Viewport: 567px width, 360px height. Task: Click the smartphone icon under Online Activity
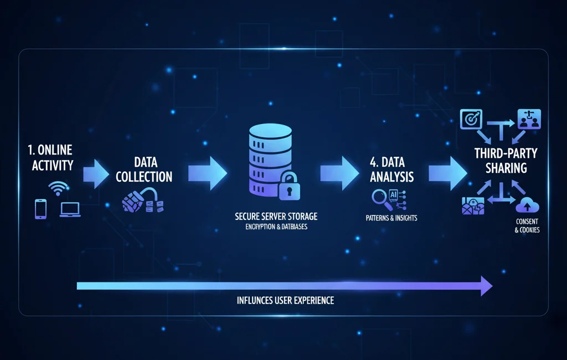[x=40, y=209]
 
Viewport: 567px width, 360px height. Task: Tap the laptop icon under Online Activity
[x=70, y=209]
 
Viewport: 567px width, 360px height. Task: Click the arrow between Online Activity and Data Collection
[x=97, y=172]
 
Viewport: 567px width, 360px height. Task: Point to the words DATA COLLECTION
[x=146, y=169]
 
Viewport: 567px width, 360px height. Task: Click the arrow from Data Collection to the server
[x=207, y=172]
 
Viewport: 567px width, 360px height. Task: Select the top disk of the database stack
[x=270, y=133]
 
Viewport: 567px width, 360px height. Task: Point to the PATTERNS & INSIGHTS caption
[x=391, y=218]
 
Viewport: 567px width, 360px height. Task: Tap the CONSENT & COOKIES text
[x=527, y=225]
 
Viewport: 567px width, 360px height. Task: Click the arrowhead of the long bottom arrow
[x=486, y=286]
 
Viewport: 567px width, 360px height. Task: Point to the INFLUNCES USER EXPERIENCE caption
[x=285, y=301]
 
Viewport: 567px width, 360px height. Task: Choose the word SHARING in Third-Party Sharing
[x=506, y=167]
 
